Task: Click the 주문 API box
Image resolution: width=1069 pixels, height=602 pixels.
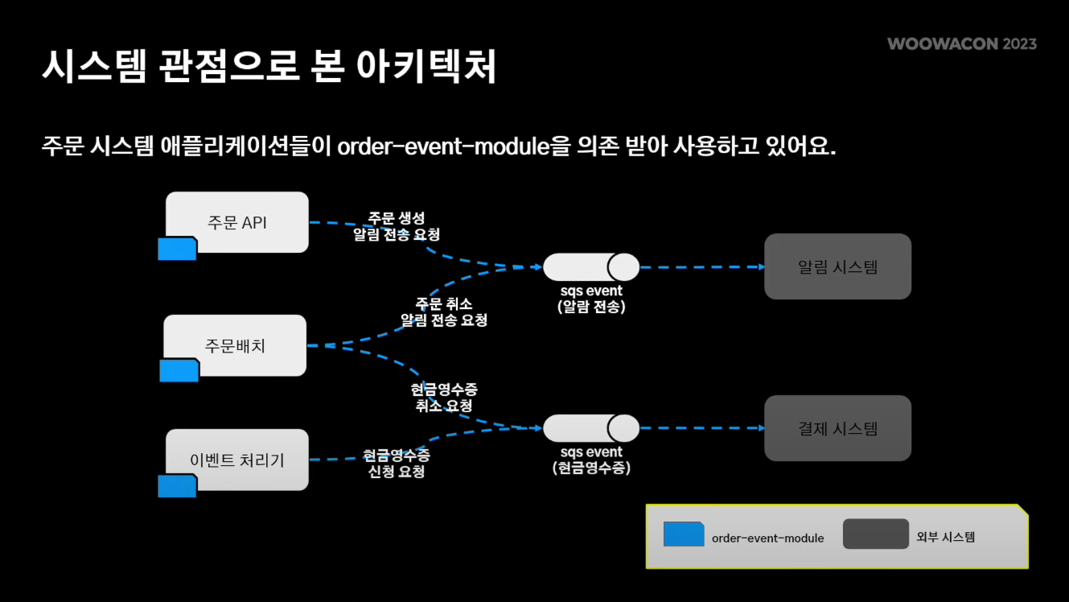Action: (237, 222)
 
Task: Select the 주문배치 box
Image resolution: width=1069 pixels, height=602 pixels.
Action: (235, 345)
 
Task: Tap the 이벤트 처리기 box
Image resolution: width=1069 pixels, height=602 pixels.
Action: (237, 460)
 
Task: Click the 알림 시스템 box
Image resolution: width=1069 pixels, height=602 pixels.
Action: (837, 266)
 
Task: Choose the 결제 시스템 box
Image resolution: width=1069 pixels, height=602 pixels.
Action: (837, 428)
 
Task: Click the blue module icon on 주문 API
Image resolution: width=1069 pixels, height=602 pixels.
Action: (177, 249)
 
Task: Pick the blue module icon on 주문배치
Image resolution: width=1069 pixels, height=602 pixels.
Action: (179, 371)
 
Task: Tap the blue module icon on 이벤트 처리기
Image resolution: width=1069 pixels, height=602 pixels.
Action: (177, 486)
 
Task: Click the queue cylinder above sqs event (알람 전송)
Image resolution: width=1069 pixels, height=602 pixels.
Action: (591, 267)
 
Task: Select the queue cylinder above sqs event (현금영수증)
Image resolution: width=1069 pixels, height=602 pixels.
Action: (591, 428)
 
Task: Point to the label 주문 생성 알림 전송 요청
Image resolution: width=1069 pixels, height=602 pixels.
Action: (397, 226)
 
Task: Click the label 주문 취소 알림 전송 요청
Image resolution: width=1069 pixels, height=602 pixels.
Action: (444, 311)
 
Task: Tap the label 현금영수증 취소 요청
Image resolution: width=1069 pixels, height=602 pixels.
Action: (444, 398)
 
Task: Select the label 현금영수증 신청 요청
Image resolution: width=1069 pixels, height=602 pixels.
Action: (397, 464)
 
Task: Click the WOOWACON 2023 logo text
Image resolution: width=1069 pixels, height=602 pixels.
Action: (962, 43)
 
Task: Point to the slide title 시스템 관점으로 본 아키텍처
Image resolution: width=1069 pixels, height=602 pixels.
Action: (269, 67)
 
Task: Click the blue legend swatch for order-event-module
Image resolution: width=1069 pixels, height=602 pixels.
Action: (684, 534)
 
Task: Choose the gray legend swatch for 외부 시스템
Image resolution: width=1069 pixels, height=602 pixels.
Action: (876, 534)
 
